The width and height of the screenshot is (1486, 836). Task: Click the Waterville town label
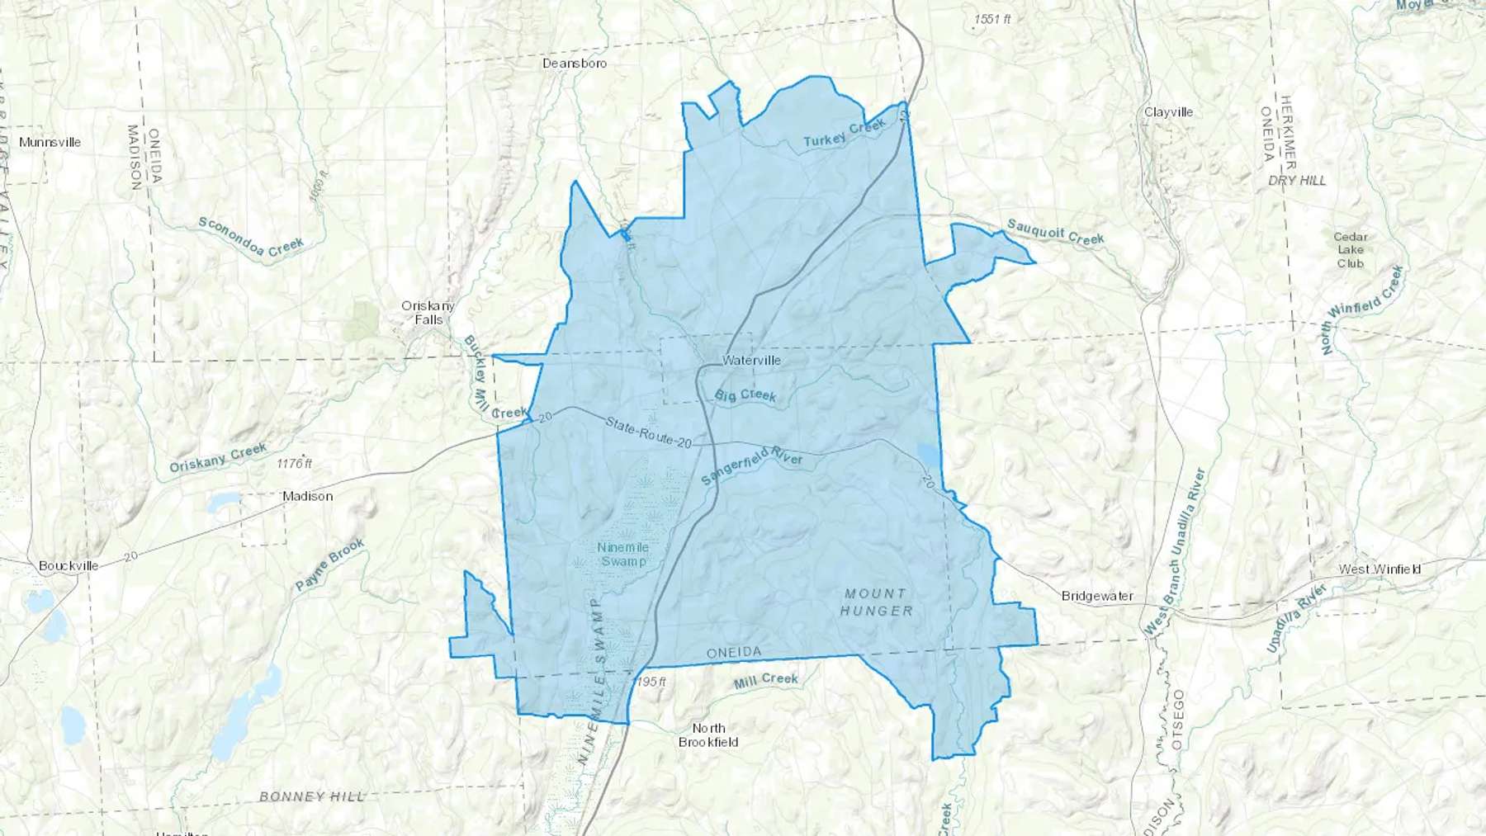click(x=750, y=361)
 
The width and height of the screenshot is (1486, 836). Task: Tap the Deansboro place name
click(x=575, y=64)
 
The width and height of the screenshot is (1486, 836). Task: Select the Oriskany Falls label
click(x=428, y=313)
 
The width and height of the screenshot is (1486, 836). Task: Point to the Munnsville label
click(x=50, y=142)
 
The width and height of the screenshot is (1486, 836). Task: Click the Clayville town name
click(x=1168, y=112)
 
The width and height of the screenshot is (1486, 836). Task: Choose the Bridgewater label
click(x=1097, y=596)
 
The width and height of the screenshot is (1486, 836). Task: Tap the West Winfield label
click(x=1380, y=569)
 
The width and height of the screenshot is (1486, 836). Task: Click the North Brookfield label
click(x=708, y=734)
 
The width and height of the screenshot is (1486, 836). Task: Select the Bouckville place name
click(x=69, y=566)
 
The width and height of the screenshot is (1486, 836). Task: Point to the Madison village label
click(x=307, y=496)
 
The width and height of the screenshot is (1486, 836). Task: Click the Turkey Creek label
click(x=845, y=134)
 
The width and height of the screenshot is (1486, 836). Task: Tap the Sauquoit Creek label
click(x=1055, y=233)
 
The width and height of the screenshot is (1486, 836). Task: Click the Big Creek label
click(x=745, y=395)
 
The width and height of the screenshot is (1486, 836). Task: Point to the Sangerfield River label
click(x=751, y=465)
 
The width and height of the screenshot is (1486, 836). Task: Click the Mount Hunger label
click(x=876, y=602)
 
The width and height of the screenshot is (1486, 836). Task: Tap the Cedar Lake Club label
click(x=1350, y=250)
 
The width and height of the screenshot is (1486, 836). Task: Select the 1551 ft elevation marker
click(x=991, y=19)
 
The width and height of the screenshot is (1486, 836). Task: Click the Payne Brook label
click(x=330, y=564)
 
